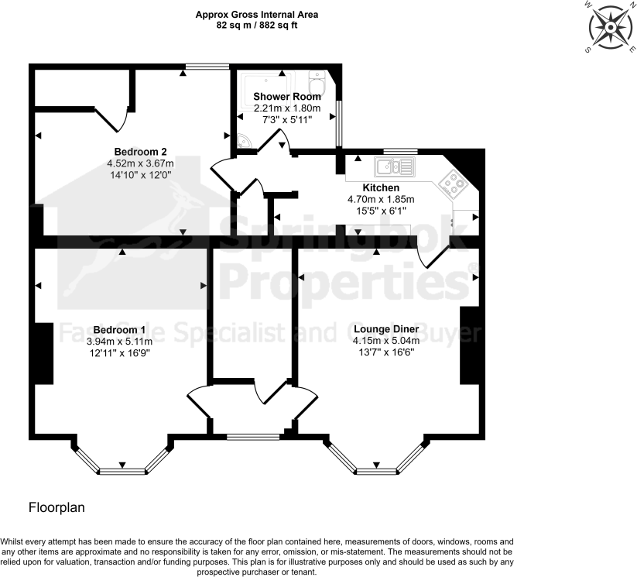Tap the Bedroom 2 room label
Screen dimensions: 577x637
coord(140,151)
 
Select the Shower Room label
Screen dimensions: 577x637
coord(286,97)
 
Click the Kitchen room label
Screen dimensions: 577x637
coord(381,188)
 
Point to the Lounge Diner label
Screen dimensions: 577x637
coord(385,329)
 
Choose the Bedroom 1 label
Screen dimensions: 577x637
coord(119,329)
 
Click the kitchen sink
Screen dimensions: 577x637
coord(395,166)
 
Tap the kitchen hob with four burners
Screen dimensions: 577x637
coord(451,183)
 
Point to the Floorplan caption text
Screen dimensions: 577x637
coord(57,508)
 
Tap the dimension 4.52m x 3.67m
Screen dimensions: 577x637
coord(140,163)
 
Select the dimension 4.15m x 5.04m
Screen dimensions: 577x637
coord(385,341)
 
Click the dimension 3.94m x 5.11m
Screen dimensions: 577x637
coord(119,341)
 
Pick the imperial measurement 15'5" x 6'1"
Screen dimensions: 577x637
coord(381,210)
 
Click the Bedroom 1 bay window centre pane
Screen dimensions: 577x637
coord(122,470)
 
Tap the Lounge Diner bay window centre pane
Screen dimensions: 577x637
coord(376,470)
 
